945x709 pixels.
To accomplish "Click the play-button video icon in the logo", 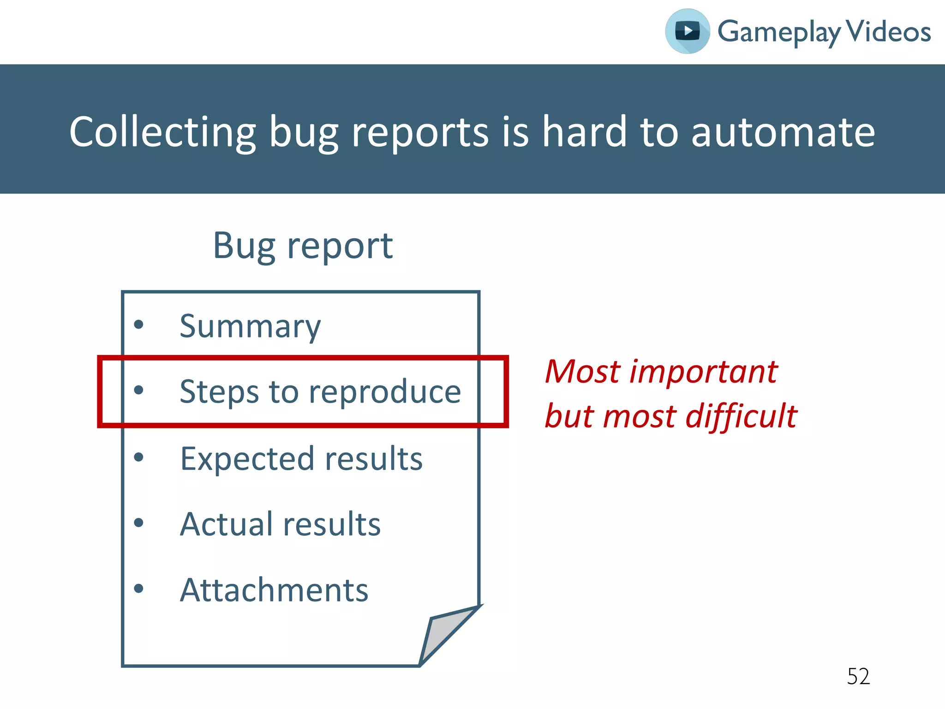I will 687,31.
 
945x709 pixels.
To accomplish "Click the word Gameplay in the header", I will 779,32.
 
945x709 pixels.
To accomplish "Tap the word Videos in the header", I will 889,31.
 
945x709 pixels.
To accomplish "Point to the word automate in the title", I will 783,132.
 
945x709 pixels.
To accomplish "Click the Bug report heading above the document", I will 303,246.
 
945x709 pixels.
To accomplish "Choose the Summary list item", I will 250,326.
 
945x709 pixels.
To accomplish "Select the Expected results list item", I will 301,459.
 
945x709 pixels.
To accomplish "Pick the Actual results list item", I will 280,524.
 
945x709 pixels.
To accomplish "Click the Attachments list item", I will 274,590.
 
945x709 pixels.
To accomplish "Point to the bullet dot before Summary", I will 138,324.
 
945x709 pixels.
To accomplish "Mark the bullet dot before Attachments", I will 138,589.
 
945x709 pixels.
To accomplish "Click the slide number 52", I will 858,677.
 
